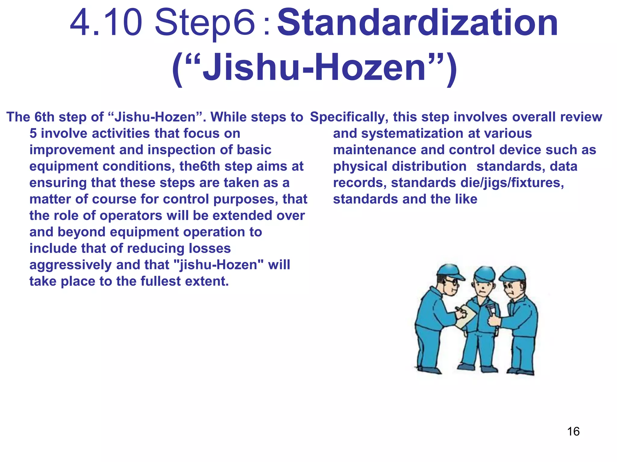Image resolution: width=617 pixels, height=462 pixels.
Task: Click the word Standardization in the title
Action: tap(418, 23)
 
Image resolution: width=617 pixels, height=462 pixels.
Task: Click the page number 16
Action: tap(573, 431)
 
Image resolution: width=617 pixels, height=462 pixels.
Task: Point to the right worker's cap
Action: tap(514, 274)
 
